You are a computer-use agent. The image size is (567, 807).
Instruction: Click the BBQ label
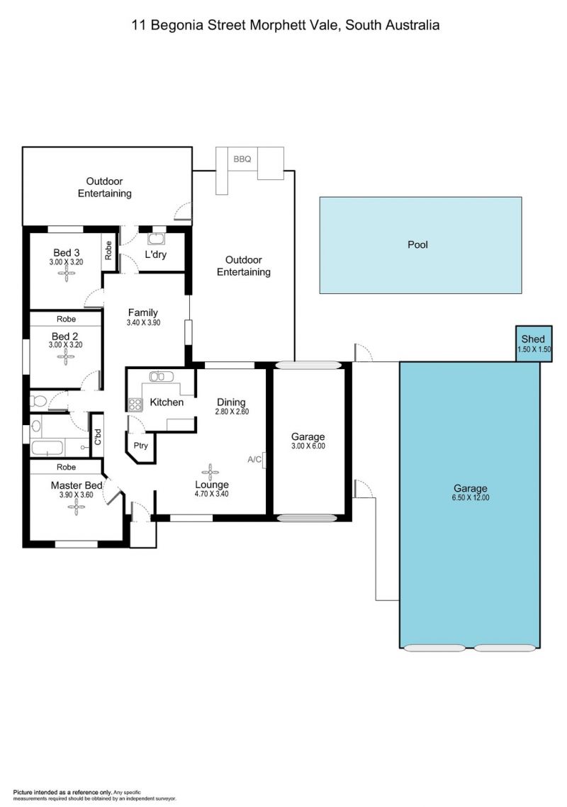pos(242,159)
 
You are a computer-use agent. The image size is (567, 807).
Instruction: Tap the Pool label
pos(417,244)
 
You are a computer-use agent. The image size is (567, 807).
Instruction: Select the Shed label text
pos(533,339)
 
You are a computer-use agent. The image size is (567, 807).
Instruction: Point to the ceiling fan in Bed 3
pos(67,273)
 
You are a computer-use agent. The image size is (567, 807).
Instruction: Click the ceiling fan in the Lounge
pos(210,472)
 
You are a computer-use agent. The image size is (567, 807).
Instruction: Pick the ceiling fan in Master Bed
pos(76,507)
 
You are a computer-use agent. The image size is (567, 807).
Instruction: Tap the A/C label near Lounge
pos(254,459)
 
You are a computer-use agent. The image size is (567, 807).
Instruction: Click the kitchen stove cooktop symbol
pos(135,405)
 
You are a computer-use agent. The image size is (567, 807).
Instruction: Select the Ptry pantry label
pos(140,446)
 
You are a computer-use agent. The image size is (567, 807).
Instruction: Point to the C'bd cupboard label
pos(98,436)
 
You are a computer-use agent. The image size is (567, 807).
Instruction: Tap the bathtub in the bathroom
pos(47,448)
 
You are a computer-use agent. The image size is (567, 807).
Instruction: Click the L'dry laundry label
pos(155,254)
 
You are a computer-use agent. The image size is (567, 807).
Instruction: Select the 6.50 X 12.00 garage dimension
pos(471,497)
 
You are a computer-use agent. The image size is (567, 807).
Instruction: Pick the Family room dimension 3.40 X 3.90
pos(143,322)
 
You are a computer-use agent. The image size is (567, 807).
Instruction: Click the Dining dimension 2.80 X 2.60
pos(232,412)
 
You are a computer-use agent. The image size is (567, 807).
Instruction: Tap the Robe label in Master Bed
pos(67,467)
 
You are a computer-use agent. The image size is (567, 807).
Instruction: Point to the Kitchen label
pos(167,402)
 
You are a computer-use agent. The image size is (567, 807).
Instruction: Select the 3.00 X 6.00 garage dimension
pos(308,446)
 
